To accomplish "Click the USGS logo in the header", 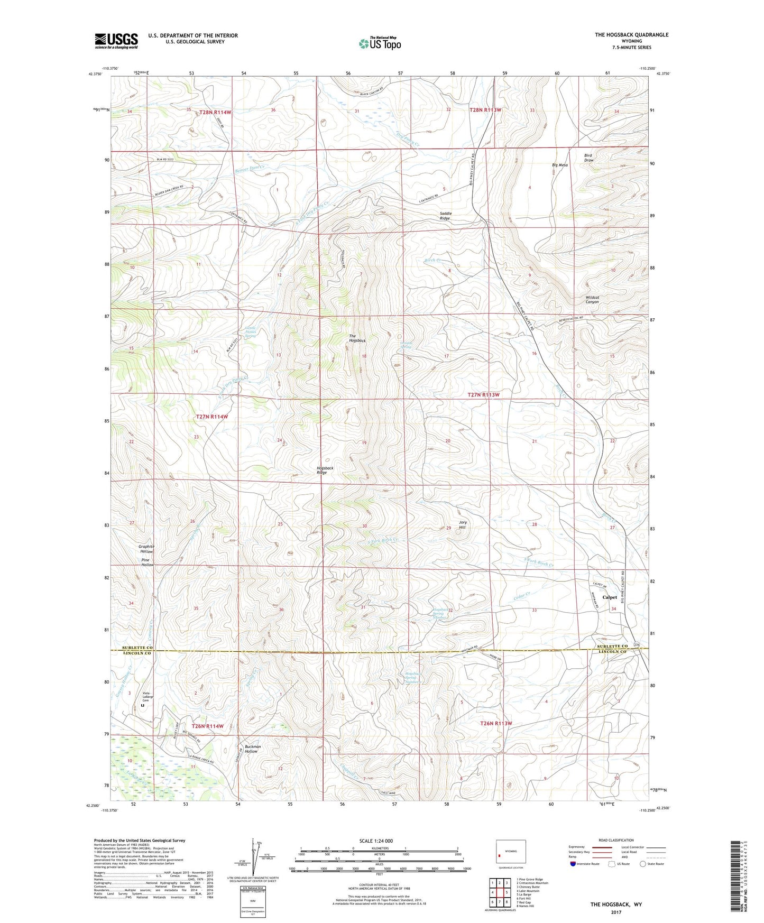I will click(116, 41).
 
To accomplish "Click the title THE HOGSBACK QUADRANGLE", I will click(631, 35).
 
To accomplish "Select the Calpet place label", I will click(610, 597).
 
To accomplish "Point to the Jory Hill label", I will click(462, 525).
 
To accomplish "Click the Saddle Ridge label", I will click(446, 216).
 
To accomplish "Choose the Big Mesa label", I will click(559, 165).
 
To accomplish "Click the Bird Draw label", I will click(588, 158).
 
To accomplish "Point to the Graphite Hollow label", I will click(146, 549).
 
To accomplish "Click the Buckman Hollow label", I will click(251, 749).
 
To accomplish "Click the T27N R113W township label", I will click(483, 395).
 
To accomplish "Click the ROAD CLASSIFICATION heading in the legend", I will click(616, 840).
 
